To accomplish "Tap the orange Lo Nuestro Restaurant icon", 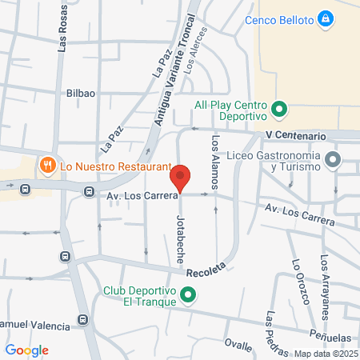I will [48, 166].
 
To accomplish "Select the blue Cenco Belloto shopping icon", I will [325, 18].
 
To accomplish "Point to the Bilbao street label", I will [81, 93].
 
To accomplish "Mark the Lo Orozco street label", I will [299, 282].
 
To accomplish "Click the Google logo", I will [26, 350].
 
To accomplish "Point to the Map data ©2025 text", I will [325, 354].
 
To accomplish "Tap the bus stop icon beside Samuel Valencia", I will [82, 321].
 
